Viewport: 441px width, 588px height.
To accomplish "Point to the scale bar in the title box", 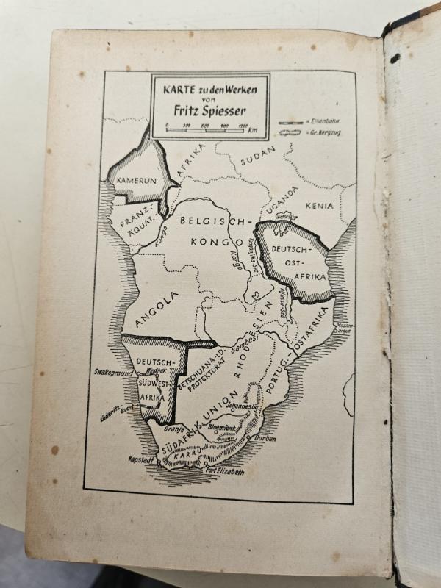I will [x=207, y=129].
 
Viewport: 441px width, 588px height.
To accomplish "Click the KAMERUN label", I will [x=133, y=179].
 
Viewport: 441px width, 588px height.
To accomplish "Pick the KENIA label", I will [x=320, y=207].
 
